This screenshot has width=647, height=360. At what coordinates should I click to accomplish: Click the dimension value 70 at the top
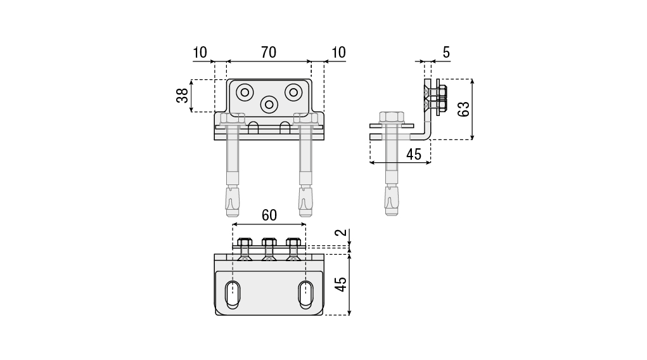point(269,53)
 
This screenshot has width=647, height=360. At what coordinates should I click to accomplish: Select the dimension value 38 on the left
point(181,96)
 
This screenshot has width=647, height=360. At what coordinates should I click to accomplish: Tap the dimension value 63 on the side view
point(463,108)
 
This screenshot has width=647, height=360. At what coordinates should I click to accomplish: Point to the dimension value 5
point(446,53)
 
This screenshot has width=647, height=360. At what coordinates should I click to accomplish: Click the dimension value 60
point(269,215)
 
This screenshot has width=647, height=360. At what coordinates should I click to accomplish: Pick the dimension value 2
point(342,233)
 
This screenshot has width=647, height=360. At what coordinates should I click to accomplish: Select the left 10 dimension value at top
point(200,53)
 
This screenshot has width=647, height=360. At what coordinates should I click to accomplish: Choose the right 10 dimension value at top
point(339,53)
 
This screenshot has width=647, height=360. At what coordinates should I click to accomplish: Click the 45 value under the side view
point(414,154)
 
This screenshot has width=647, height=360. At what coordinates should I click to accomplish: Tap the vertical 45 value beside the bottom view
point(342,284)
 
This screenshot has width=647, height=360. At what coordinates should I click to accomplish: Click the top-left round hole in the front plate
point(245,92)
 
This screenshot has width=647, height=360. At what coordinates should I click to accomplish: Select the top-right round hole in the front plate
point(293,92)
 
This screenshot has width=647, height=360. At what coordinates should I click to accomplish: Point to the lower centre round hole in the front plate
point(269,103)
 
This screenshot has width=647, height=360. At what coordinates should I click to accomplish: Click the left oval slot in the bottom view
point(233,295)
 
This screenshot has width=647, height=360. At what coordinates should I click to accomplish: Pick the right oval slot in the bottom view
point(306,295)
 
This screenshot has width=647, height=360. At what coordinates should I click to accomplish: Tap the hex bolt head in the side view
point(392,117)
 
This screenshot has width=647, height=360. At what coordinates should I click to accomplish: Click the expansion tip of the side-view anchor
point(392,200)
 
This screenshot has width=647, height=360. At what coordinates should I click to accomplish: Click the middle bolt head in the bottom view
point(269,243)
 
